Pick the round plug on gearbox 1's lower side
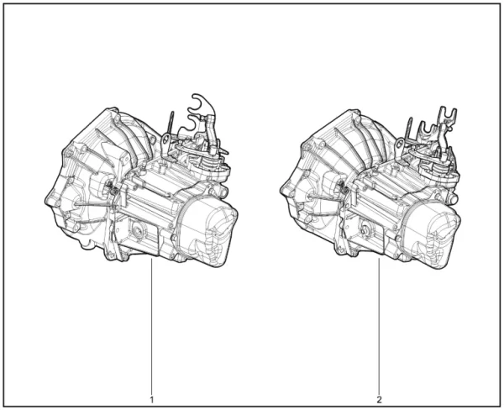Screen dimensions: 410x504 pyautogui.click(x=134, y=225)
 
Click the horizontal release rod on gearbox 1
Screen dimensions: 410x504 pyautogui.click(x=88, y=203)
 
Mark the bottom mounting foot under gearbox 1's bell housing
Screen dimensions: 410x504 pyautogui.click(x=84, y=246)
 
